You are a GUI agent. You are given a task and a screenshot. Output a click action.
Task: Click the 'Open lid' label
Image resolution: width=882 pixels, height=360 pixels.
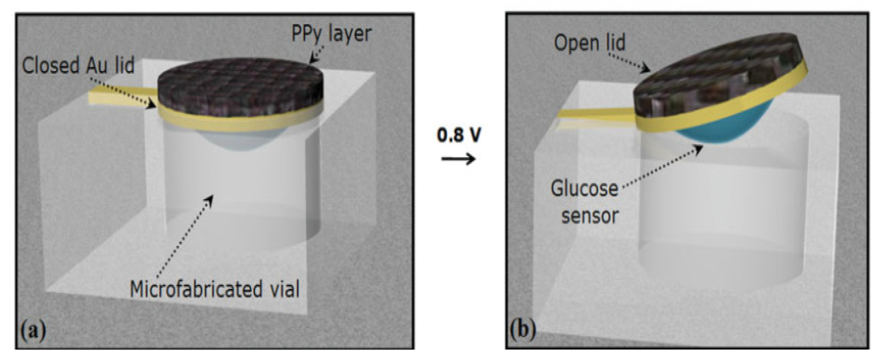point(588,44)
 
